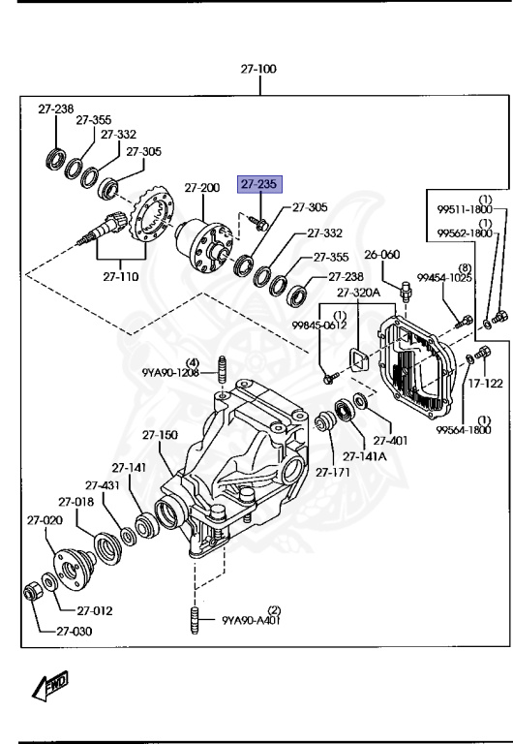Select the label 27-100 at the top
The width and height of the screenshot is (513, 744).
point(259,70)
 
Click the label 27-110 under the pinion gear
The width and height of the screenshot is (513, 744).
point(122,276)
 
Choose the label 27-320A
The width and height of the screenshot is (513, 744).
point(359,292)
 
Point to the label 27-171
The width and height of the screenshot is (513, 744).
point(332,473)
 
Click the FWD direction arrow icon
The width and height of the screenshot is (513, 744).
point(47,688)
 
